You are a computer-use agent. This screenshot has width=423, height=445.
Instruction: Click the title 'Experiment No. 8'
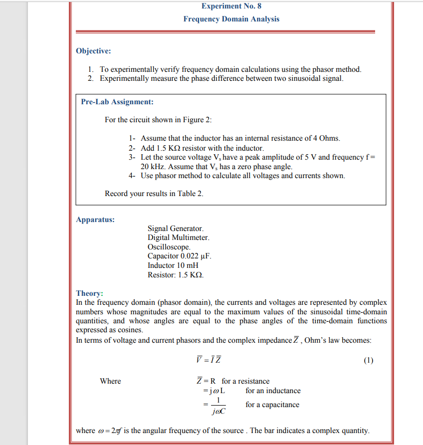(x=231, y=6)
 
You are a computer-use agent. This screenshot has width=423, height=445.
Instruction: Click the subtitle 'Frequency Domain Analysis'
(x=231, y=19)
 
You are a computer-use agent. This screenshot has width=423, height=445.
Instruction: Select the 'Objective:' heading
(x=93, y=51)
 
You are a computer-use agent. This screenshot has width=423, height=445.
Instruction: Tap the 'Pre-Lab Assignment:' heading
(x=117, y=102)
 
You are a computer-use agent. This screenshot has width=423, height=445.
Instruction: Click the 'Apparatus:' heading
(x=95, y=219)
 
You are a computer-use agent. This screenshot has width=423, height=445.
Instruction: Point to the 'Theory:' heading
(x=89, y=293)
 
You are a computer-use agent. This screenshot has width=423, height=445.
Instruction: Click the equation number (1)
(x=368, y=361)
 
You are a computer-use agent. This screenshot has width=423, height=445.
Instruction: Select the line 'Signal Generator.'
(x=176, y=229)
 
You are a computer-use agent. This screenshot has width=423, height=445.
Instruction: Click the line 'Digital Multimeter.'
(x=178, y=238)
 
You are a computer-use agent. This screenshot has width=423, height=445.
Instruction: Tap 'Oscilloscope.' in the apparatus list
(x=169, y=247)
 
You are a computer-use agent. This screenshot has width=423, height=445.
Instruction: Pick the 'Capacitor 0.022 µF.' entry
(x=180, y=256)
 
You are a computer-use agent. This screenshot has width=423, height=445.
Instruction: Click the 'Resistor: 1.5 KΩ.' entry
(x=176, y=275)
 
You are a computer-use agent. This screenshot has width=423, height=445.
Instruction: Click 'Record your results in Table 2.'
(x=154, y=194)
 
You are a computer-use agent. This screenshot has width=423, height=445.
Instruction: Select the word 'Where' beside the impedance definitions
(x=110, y=381)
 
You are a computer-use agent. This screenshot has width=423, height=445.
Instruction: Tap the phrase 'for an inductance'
(x=273, y=391)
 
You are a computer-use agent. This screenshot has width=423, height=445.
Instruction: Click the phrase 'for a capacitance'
(x=272, y=405)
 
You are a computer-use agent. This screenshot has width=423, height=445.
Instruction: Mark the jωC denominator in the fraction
(x=218, y=412)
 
